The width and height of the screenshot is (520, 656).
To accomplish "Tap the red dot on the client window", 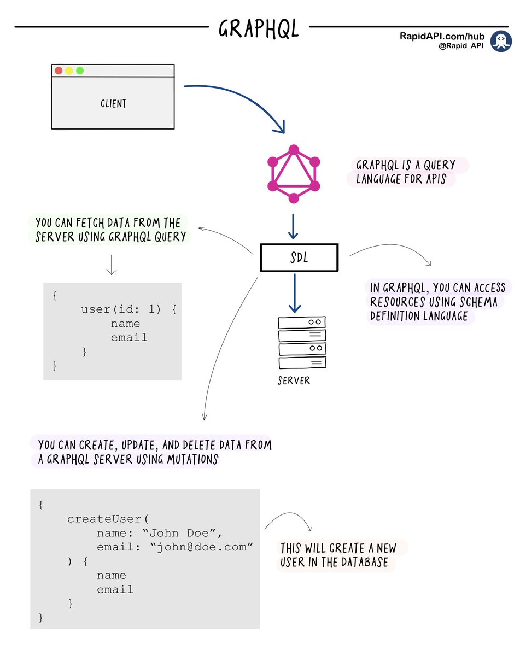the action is [59, 71].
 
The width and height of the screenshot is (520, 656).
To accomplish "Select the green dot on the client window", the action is [80, 71].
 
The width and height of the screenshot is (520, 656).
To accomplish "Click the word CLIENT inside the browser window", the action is [113, 103].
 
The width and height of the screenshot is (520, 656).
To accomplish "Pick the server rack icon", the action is [302, 343].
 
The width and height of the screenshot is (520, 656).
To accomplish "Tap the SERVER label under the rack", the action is [294, 380].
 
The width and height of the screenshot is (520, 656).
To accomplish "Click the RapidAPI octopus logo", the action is [500, 42].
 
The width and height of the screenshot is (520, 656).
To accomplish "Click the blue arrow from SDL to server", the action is [295, 292].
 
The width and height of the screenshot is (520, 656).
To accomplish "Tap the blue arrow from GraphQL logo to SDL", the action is [294, 226].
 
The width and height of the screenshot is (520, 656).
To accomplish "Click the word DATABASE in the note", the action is [368, 562].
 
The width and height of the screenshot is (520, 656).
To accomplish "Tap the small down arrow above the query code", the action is [111, 265].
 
